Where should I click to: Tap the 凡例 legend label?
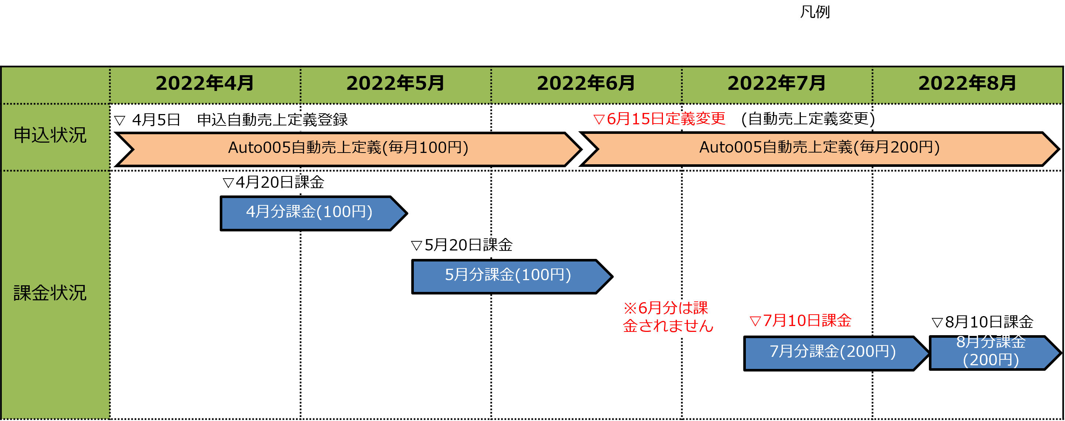tap(815, 13)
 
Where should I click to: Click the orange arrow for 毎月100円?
tap(348, 148)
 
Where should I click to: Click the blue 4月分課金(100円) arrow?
tap(309, 213)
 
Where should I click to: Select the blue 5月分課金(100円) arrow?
tap(508, 276)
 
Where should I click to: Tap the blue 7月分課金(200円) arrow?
tap(832, 352)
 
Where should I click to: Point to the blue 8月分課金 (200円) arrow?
tap(991, 352)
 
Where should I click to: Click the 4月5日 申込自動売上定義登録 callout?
tap(231, 121)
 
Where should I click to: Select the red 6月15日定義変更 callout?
tap(734, 120)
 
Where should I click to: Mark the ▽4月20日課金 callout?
tap(273, 183)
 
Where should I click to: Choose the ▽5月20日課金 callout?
tap(462, 246)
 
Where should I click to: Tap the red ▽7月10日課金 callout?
tap(800, 321)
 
